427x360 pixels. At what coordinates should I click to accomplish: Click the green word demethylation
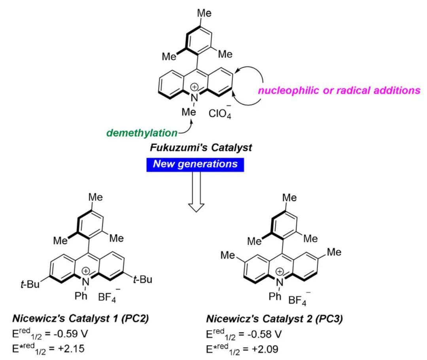pyautogui.click(x=142, y=133)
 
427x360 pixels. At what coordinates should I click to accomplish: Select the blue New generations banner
pyautogui.click(x=195, y=165)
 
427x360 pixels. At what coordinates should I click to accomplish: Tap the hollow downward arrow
pyautogui.click(x=196, y=192)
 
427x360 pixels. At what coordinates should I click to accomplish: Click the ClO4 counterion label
pyautogui.click(x=220, y=113)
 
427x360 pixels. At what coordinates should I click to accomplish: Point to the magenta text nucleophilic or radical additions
pyautogui.click(x=339, y=90)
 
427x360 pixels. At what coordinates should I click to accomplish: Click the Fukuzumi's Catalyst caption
pyautogui.click(x=201, y=148)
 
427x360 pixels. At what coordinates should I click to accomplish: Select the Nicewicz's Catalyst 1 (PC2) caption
pyautogui.click(x=81, y=318)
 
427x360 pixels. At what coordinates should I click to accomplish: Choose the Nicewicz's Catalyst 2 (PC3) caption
pyautogui.click(x=274, y=318)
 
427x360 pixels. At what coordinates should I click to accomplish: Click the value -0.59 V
pyautogui.click(x=70, y=333)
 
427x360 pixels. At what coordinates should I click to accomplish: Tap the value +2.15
pyautogui.click(x=71, y=349)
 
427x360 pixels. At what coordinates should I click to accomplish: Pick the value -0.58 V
pyautogui.click(x=265, y=334)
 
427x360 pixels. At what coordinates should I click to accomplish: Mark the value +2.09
pyautogui.click(x=265, y=349)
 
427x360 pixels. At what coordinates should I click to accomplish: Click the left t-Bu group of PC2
pyautogui.click(x=30, y=284)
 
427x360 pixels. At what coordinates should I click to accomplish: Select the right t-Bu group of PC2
pyautogui.click(x=142, y=279)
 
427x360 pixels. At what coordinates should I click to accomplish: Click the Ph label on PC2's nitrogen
pyautogui.click(x=81, y=296)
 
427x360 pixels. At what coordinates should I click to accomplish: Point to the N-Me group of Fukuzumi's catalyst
pyautogui.click(x=189, y=112)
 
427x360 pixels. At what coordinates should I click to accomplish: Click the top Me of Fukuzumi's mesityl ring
pyautogui.click(x=204, y=13)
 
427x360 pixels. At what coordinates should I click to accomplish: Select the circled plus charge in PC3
pyautogui.click(x=280, y=271)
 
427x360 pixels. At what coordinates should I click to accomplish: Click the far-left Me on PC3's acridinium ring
pyautogui.click(x=228, y=255)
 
